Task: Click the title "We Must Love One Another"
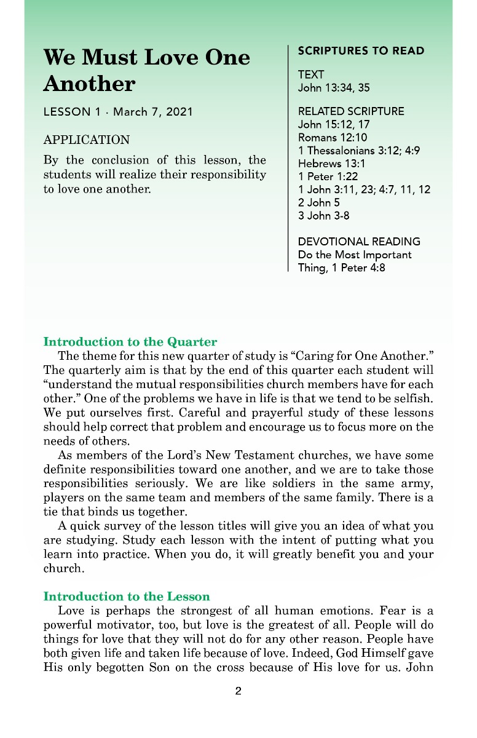147,70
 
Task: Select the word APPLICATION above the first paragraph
87,140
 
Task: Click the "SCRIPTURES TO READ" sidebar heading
361,51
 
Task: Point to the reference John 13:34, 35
334,88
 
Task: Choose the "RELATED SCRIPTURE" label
351,111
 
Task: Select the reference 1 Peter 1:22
328,177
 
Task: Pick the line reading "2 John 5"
318,202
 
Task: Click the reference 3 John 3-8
324,215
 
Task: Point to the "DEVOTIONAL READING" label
359,242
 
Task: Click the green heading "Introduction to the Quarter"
130,342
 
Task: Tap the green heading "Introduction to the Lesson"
127,597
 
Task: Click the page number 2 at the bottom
238,691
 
